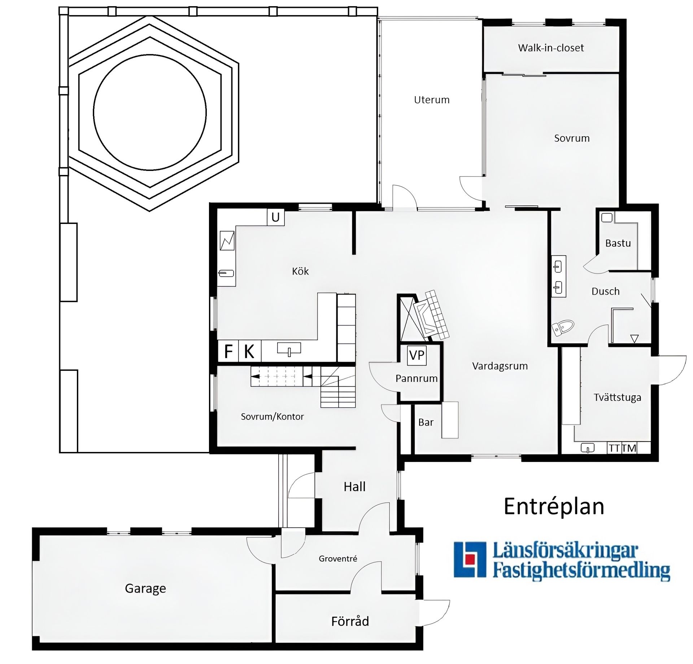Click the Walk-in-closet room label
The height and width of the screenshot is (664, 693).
[x=551, y=48]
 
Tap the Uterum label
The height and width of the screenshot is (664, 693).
[x=432, y=100]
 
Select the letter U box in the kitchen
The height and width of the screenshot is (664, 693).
[x=275, y=217]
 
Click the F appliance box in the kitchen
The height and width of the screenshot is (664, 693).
[x=228, y=351]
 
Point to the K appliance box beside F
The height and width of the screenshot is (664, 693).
[x=249, y=351]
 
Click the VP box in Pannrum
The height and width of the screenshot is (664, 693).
[x=417, y=355]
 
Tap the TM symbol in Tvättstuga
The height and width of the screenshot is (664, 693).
[x=629, y=448]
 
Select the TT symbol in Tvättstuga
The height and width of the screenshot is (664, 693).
[x=614, y=448]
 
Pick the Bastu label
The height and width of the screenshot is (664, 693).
[x=618, y=243]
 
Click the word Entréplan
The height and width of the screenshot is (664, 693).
[x=554, y=506]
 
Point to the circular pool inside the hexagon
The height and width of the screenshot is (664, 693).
[x=150, y=112]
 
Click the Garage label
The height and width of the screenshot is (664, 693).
[x=145, y=588]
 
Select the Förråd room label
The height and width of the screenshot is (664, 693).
[x=350, y=621]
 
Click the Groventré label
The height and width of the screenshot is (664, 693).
[x=338, y=559]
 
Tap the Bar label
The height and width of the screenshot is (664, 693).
[x=426, y=422]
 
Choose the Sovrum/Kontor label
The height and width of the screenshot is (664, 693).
[x=273, y=417]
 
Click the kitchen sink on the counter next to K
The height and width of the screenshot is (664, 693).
[x=289, y=349]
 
